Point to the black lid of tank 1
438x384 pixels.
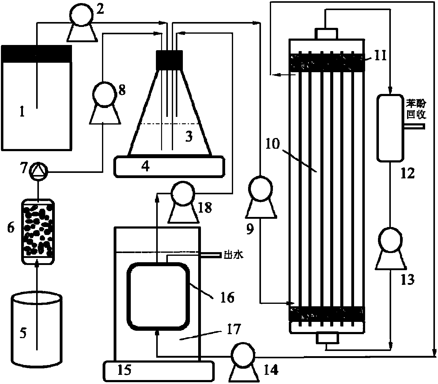click(x=36, y=54)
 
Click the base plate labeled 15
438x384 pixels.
click(x=158, y=371)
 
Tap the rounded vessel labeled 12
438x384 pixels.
click(x=390, y=128)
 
